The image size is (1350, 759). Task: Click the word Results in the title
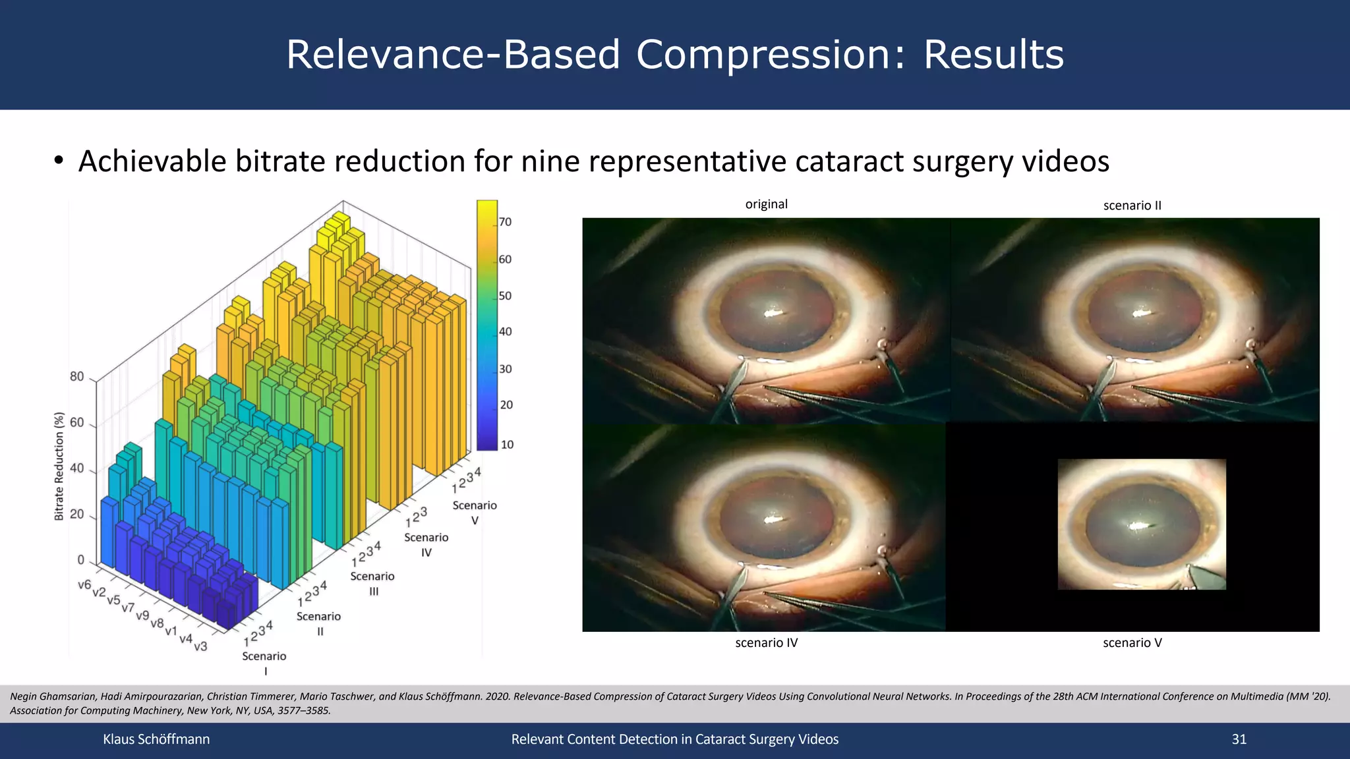993,55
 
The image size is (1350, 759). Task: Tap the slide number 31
1239,739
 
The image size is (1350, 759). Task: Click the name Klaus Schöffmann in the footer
156,739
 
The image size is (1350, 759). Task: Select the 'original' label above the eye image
766,204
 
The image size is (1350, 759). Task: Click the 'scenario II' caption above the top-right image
1132,206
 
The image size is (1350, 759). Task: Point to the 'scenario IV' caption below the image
766,642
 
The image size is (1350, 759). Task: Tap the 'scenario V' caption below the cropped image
1132,642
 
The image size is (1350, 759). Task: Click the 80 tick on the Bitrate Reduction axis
77,377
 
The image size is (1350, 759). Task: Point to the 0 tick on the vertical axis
81,560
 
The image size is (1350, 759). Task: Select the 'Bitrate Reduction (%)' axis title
59,466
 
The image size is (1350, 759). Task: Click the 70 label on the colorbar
505,222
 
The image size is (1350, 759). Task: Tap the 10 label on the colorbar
507,445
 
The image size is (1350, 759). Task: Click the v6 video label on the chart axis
84,584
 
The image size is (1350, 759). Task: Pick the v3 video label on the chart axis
200,646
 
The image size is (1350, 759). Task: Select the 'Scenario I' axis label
264,662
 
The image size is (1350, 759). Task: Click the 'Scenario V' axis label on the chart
475,512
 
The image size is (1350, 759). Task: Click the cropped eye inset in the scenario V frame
1141,524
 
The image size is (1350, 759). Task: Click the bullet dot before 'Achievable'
59,161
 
